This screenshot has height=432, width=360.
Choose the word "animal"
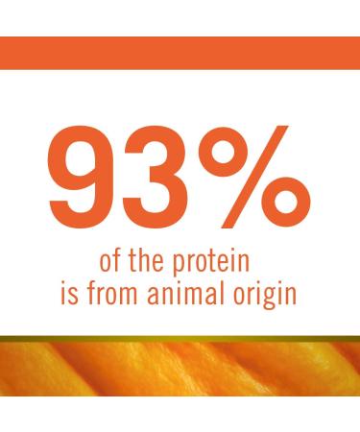tap(189, 290)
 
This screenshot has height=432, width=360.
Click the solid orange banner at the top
tap(180, 53)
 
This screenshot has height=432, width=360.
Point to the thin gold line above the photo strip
tap(180, 339)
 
